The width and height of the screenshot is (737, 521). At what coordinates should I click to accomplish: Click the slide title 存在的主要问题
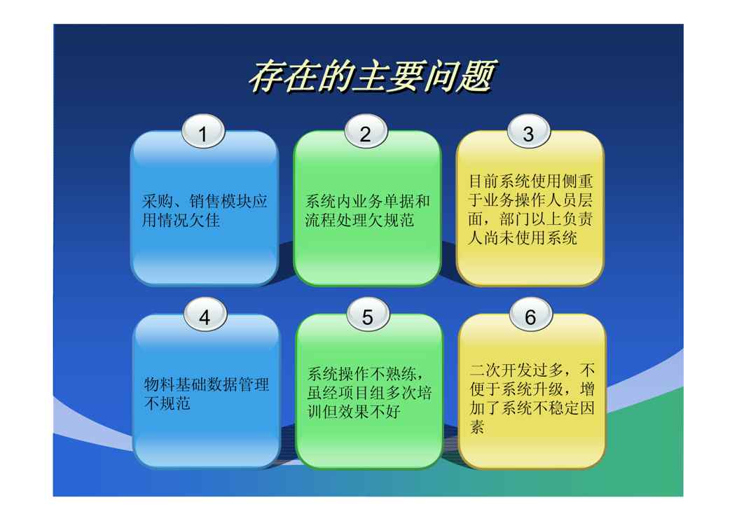tap(372, 76)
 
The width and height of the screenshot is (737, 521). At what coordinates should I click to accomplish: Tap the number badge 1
tap(203, 132)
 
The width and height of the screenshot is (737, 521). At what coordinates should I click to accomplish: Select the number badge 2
tap(366, 132)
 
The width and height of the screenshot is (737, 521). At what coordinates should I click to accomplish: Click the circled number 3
tap(528, 132)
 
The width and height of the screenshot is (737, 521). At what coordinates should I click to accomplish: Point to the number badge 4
tap(205, 315)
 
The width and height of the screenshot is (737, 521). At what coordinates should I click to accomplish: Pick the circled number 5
tap(368, 315)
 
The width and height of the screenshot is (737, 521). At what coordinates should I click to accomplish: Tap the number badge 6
tap(530, 315)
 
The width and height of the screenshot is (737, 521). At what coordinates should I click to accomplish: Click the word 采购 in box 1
tap(158, 202)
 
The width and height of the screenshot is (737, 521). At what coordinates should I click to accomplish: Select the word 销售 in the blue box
tap(205, 202)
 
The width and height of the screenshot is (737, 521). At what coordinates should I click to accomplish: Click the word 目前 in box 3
tap(484, 181)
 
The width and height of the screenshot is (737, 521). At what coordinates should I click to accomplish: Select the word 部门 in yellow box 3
tap(516, 219)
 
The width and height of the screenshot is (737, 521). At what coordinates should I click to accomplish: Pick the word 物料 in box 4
tap(160, 384)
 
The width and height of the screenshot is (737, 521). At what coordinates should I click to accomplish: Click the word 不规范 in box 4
tap(167, 403)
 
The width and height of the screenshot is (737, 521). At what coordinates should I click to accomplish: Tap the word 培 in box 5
tap(425, 393)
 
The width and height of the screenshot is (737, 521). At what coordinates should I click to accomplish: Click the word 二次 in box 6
tap(485, 370)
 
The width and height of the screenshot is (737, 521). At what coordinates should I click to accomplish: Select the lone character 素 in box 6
tap(478, 427)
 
